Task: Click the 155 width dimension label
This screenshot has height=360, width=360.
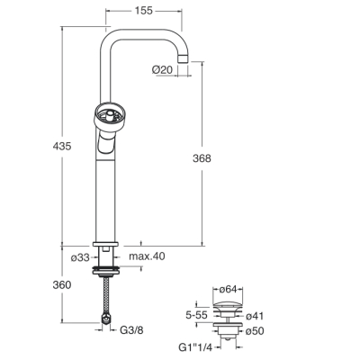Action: pyautogui.click(x=144, y=11)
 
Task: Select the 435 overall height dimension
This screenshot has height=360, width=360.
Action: pyautogui.click(x=62, y=147)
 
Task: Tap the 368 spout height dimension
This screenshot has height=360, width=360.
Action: pyautogui.click(x=202, y=158)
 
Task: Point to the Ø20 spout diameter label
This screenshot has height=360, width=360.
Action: pyautogui.click(x=162, y=70)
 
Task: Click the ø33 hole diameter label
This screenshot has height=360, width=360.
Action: pyautogui.click(x=80, y=257)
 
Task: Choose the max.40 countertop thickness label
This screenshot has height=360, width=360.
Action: pyautogui.click(x=147, y=256)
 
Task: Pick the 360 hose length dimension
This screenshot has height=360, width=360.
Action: pyautogui.click(x=62, y=284)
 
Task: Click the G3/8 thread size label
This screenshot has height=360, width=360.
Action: pyautogui.click(x=131, y=330)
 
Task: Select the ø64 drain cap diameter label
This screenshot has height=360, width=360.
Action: pyautogui.click(x=228, y=289)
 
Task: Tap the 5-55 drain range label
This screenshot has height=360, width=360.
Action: pyautogui.click(x=196, y=315)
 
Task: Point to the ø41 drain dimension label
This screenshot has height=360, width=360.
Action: pyautogui.click(x=255, y=316)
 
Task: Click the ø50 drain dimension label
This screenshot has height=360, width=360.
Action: pyautogui.click(x=255, y=331)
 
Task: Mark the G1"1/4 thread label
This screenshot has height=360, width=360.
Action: pyautogui.click(x=195, y=347)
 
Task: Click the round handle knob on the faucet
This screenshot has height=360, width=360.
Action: pyautogui.click(x=109, y=118)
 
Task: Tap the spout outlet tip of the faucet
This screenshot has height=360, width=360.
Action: pyautogui.click(x=184, y=58)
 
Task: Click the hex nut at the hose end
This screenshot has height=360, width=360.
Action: pyautogui.click(x=105, y=319)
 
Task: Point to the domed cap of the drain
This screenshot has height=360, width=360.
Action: pyautogui.click(x=228, y=307)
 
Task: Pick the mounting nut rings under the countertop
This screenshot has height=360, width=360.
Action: pyautogui.click(x=105, y=270)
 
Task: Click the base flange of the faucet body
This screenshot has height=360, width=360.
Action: pyautogui.click(x=105, y=244)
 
